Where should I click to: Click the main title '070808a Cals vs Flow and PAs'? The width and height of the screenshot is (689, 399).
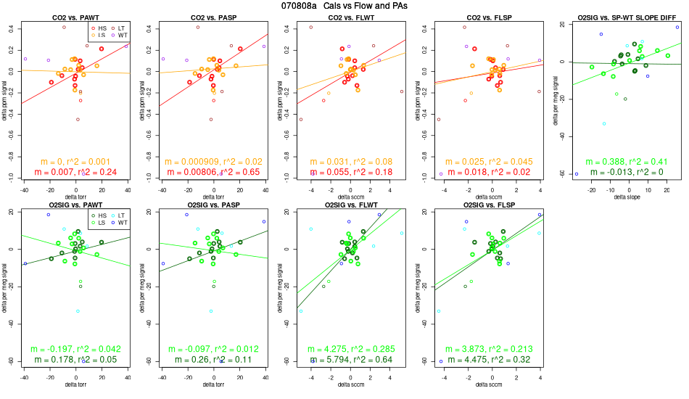coord(344,6)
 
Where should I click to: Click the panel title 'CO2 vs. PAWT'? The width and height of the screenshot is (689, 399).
coord(75,17)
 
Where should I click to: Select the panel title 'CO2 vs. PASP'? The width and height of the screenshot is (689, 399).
coord(213,17)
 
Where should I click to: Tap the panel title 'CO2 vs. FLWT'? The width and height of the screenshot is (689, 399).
coord(350,17)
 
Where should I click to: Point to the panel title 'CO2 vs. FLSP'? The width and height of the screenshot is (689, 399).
coord(488,17)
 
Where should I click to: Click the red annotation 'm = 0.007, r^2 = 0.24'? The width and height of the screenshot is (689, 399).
coord(75,173)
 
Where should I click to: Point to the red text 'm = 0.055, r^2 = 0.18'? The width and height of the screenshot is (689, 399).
coord(350,173)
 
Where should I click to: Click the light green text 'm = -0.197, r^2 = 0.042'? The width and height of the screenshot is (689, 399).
coord(75,348)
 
